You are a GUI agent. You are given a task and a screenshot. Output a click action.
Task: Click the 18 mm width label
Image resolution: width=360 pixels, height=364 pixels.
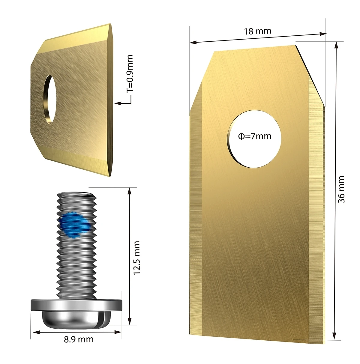pos(257,31)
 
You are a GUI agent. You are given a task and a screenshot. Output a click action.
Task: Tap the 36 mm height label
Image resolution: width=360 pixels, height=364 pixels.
pos(341,189)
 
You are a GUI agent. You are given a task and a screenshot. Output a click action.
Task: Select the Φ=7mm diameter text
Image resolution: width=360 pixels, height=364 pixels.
pos(255,136)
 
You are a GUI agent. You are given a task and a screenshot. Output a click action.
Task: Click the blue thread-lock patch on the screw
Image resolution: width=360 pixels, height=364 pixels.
pos(74,224)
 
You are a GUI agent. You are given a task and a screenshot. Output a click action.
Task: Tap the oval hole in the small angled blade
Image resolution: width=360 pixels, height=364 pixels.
pos(50,99)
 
